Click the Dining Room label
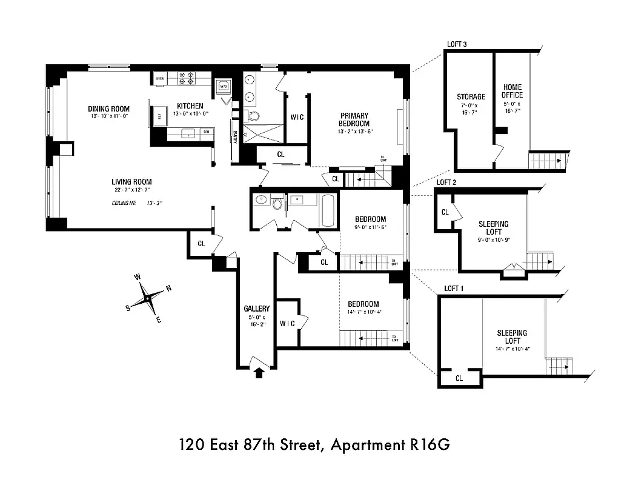[x=109, y=109]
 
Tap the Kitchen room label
[x=190, y=106]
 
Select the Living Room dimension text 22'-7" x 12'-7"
[x=131, y=190]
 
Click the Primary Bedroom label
[x=354, y=119]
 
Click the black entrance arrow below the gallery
[x=259, y=372]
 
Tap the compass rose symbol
[x=148, y=298]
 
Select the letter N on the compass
[x=169, y=288]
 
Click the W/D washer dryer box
[x=223, y=86]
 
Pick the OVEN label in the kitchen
[x=160, y=79]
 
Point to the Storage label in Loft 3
[x=471, y=96]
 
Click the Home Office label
[x=512, y=91]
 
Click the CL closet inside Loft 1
[x=459, y=378]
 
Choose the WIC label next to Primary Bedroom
[x=296, y=116]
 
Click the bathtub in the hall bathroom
[x=327, y=210]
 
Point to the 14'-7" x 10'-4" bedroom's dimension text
[x=363, y=313]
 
